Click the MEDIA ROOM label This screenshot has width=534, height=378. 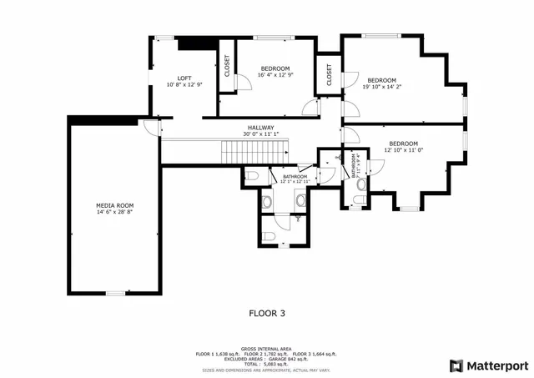coord(114,205)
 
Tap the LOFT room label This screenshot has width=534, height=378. coord(184,78)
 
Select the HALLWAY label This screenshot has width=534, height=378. coord(260,127)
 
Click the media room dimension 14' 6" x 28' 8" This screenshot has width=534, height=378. coord(114,212)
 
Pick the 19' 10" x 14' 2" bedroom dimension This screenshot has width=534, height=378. coord(381,85)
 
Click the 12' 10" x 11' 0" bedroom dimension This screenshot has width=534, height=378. coord(404,150)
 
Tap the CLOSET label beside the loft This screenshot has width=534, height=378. coord(226,66)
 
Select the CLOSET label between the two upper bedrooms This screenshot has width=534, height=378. coord(330,74)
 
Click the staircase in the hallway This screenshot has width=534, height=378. coord(254,152)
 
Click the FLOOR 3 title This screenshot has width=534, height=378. coord(267,314)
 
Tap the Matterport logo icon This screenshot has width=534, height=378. coord(456,365)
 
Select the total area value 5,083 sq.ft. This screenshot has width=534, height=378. coord(275,365)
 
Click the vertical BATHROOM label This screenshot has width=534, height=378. coord(354,166)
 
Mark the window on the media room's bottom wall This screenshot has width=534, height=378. coord(114,293)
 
